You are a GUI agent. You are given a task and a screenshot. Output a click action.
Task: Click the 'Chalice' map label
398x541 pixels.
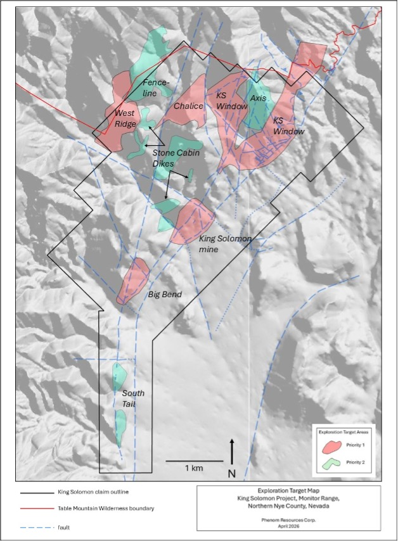188,106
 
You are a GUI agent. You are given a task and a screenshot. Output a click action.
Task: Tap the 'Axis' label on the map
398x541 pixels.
258,99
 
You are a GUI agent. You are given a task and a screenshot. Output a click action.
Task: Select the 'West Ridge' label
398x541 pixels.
125,118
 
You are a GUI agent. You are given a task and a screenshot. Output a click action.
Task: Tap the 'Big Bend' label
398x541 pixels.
165,295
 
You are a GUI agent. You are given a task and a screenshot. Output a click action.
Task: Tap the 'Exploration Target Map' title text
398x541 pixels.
288,491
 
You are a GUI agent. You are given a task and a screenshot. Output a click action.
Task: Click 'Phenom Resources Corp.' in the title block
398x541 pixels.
288,517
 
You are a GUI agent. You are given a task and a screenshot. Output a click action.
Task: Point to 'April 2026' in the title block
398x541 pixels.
288,525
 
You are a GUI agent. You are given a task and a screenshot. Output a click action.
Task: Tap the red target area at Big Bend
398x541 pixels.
134,279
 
